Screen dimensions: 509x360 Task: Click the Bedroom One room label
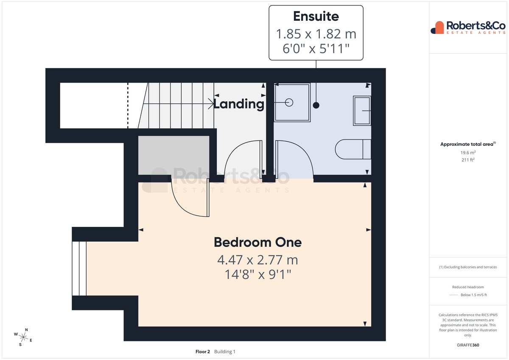click(x=258, y=243)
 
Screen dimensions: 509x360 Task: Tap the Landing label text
click(x=239, y=104)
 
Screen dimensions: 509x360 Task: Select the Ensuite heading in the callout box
click(x=316, y=16)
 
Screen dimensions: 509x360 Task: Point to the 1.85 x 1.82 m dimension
click(x=316, y=34)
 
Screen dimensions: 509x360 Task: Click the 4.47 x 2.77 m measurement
click(x=258, y=260)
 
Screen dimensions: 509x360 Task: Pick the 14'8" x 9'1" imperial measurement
click(x=258, y=275)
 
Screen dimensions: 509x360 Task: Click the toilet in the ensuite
click(x=353, y=149)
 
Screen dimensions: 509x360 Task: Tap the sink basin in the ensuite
click(x=362, y=111)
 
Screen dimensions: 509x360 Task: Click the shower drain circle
click(x=289, y=103)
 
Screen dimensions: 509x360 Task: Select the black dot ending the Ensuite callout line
click(x=316, y=105)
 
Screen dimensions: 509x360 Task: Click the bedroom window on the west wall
click(x=79, y=268)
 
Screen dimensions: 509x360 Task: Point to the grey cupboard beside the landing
click(x=174, y=155)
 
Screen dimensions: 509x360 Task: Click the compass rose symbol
click(x=23, y=337)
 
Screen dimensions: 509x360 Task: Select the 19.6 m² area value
click(x=468, y=152)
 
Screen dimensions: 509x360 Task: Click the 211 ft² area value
click(x=468, y=160)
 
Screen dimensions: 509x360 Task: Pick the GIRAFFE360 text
click(x=468, y=345)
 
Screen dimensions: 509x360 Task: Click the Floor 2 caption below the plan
click(x=203, y=352)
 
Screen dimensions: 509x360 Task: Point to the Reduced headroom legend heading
click(x=468, y=287)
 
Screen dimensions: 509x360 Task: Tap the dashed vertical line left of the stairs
click(x=128, y=106)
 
